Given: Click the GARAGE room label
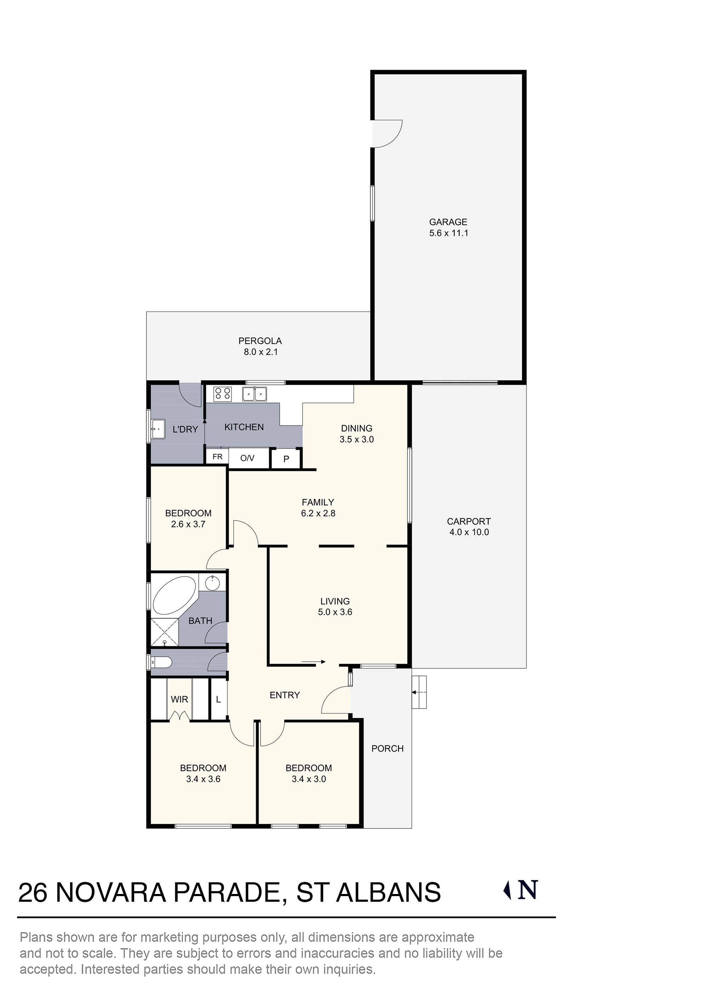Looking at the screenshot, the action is [448, 222].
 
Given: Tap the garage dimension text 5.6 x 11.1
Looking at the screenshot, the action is [449, 233].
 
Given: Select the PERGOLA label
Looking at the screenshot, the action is [260, 341].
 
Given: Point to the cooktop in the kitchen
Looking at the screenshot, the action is [222, 394].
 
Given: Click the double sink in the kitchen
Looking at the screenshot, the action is [255, 394].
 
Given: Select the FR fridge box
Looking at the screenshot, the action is [217, 457].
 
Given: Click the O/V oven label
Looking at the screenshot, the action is [247, 458].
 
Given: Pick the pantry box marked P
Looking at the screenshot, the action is [286, 459].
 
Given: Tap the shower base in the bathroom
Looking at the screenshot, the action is [165, 632].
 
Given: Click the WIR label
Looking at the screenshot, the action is [179, 699].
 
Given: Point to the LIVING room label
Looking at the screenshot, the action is [335, 601].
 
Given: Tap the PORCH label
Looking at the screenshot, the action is [387, 748].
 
